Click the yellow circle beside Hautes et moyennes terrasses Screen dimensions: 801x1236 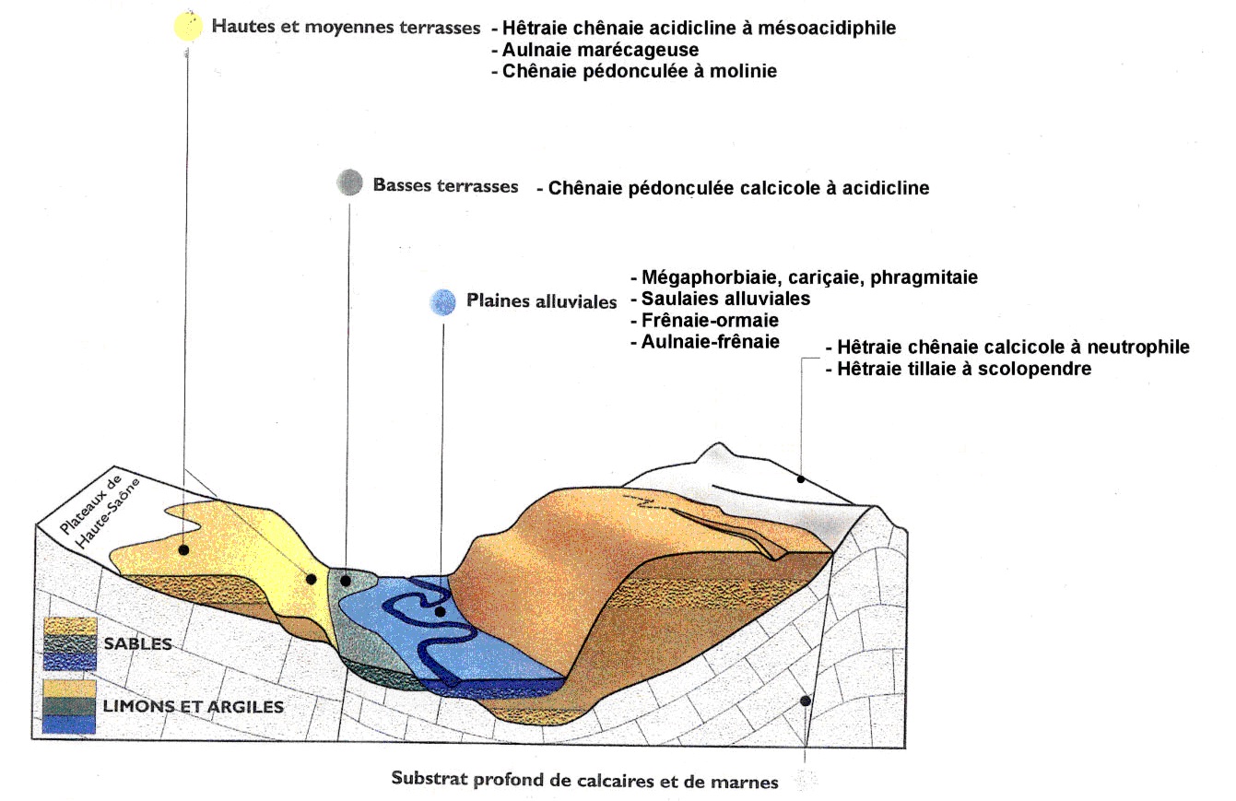coord(188,27)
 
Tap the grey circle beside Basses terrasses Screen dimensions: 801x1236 coord(349,183)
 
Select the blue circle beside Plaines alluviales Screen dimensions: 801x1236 coord(443,301)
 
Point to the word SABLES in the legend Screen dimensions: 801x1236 coord(138,644)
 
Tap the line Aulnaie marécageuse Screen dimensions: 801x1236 coord(595,49)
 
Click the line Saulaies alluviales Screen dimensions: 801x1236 coord(720,299)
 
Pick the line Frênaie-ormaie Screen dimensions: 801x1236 coord(705,321)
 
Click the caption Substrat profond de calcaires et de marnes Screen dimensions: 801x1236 coord(584,781)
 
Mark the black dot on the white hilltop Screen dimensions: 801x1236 coord(801,479)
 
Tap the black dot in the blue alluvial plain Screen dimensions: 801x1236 coord(441,611)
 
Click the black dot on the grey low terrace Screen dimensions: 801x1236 coord(346,581)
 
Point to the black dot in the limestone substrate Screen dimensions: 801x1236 coord(806,701)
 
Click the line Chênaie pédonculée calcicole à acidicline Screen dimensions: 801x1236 coord(733,188)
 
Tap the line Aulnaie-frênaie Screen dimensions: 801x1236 coord(705,342)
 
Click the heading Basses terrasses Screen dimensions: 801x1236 coord(445,185)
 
